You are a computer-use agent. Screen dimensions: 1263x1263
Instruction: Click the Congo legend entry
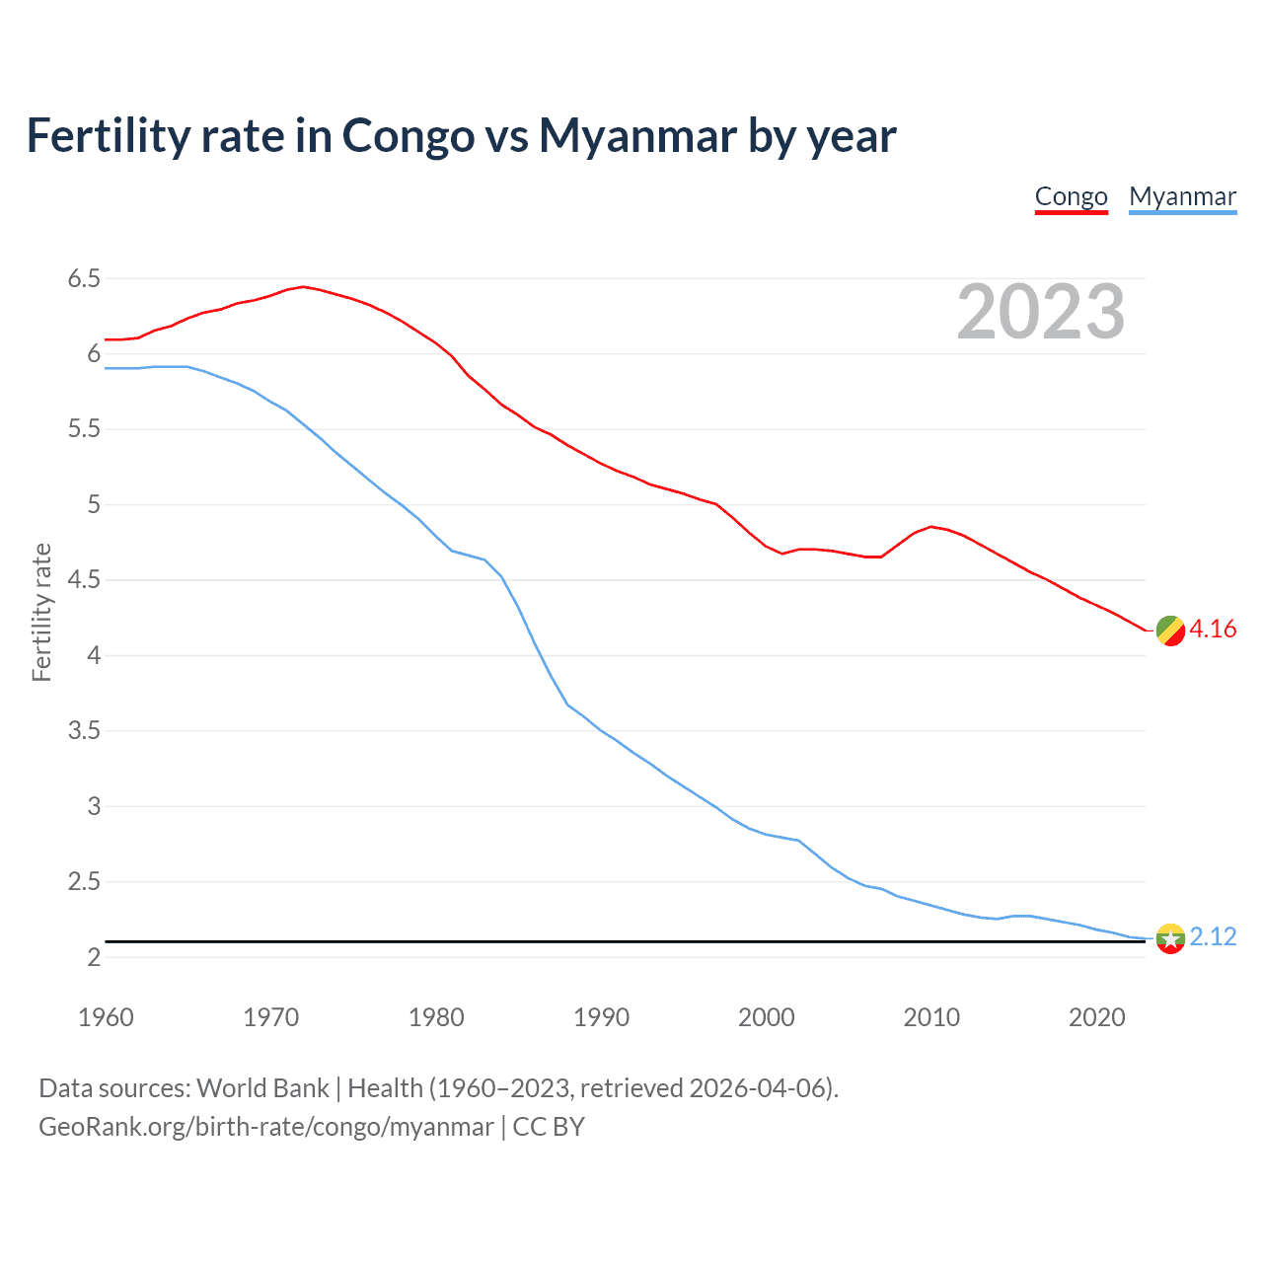(x=1071, y=196)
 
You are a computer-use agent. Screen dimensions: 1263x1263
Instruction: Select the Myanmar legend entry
(x=1182, y=196)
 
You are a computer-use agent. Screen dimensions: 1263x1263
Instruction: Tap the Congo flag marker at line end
(x=1170, y=631)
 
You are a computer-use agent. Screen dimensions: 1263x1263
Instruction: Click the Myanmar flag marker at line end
(x=1170, y=938)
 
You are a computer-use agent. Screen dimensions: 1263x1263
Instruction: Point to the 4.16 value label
(x=1213, y=630)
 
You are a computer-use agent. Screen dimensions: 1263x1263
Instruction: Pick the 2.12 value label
(x=1213, y=937)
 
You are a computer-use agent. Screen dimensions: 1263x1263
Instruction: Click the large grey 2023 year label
(x=1040, y=312)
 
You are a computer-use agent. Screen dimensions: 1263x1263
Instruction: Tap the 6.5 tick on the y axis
(x=84, y=279)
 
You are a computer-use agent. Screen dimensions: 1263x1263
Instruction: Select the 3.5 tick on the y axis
(x=84, y=731)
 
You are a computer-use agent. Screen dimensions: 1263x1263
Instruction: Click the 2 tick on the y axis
(x=94, y=958)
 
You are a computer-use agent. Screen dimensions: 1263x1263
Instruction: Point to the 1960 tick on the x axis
(x=106, y=1017)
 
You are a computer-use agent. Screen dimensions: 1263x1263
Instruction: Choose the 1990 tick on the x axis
(x=601, y=1017)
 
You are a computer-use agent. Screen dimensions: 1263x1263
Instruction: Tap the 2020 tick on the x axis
(x=1096, y=1017)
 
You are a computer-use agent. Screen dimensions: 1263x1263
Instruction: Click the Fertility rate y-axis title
(x=41, y=612)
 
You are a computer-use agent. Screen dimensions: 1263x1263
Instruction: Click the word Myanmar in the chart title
(x=637, y=136)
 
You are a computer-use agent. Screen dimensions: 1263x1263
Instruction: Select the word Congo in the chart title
(x=408, y=136)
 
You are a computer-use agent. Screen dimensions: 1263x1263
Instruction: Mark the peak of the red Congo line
(x=303, y=287)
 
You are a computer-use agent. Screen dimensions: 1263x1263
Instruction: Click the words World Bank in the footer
(x=262, y=1088)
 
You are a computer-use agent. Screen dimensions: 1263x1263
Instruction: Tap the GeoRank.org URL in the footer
(x=265, y=1127)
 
